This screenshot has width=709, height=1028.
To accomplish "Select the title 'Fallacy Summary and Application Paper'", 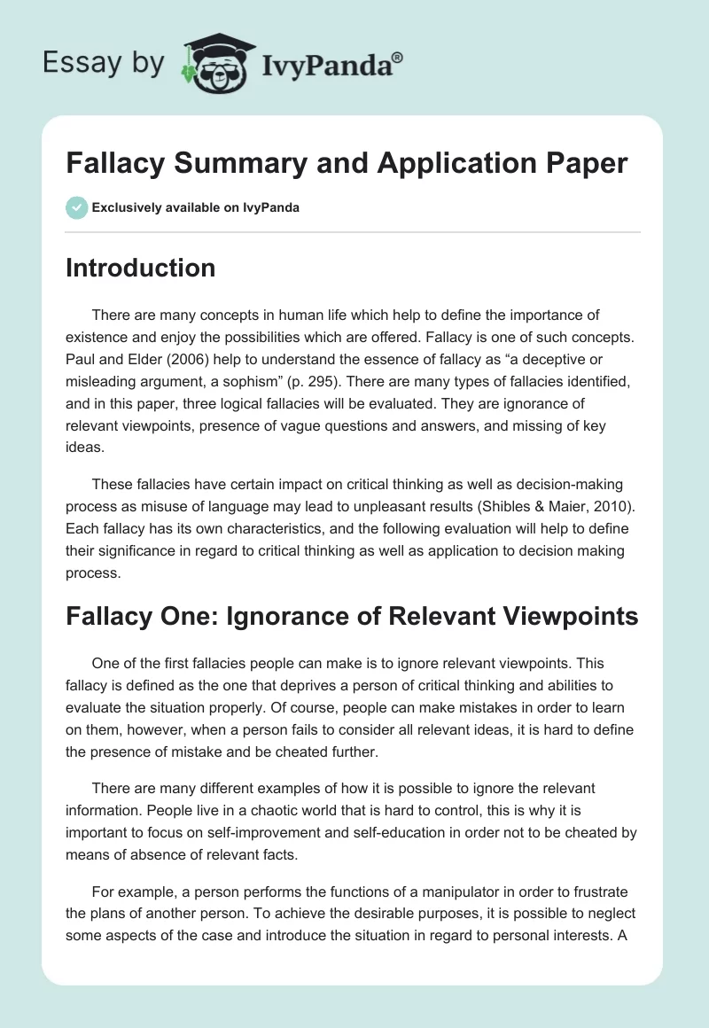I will point(347,163).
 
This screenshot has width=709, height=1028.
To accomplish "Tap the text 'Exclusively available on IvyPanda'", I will point(195,208).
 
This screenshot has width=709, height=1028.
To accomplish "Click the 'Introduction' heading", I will point(140,268).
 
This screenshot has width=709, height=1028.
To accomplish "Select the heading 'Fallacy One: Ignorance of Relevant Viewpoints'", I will point(352,618).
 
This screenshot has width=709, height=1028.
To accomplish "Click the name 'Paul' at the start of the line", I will point(82,358).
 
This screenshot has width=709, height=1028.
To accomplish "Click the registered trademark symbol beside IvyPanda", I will point(398,56).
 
